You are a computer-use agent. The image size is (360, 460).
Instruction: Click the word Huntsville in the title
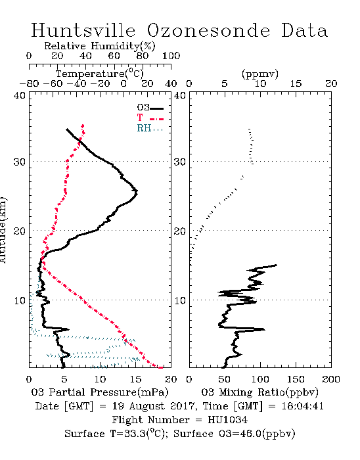pyautogui.click(x=83, y=30)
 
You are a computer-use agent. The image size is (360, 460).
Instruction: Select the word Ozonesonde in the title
pyautogui.click(x=208, y=30)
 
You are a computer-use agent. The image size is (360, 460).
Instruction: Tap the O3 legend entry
pyautogui.click(x=150, y=108)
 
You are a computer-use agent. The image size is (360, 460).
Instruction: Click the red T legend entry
pyautogui.click(x=150, y=118)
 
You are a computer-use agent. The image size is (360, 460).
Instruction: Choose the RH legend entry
pyautogui.click(x=150, y=128)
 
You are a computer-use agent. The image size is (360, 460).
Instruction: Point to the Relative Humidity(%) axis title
pyautogui.click(x=100, y=46)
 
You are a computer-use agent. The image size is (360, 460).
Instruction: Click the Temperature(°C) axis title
pyautogui.click(x=100, y=74)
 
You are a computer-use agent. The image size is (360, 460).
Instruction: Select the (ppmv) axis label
pyautogui.click(x=260, y=74)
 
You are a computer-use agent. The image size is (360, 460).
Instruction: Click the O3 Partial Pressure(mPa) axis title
pyautogui.click(x=100, y=392)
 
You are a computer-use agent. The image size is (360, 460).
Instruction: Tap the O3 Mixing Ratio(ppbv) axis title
pyautogui.click(x=259, y=392)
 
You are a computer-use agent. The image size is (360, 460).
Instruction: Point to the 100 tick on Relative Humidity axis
pyautogui.click(x=171, y=56)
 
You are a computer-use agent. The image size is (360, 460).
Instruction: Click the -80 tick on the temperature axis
pyautogui.click(x=29, y=83)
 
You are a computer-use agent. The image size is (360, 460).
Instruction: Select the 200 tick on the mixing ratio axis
pyautogui.click(x=331, y=379)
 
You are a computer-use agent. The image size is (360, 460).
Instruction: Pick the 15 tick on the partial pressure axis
pyautogui.click(x=135, y=379)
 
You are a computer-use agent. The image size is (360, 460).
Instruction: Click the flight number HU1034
pyautogui.click(x=227, y=419)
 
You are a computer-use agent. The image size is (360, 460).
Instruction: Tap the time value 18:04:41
pyautogui.click(x=303, y=406)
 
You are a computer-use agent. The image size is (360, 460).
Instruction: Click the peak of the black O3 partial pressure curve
pyautogui.click(x=137, y=193)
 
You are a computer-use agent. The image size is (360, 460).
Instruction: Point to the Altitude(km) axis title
pyautogui.click(x=3, y=230)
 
